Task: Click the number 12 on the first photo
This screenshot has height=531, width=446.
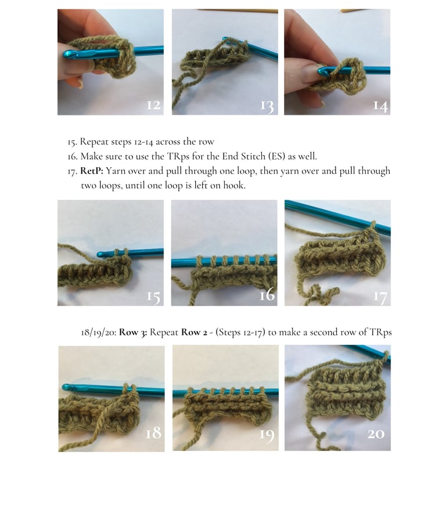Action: click(153, 104)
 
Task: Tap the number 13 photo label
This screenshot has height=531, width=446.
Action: click(267, 106)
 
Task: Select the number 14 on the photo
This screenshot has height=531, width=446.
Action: click(380, 106)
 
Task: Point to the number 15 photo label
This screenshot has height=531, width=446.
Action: click(153, 297)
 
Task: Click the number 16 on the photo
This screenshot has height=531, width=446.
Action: click(267, 295)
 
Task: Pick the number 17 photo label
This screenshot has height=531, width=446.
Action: click(380, 297)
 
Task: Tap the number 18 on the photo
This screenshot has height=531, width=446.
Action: click(153, 433)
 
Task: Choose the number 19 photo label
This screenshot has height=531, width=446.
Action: click(267, 435)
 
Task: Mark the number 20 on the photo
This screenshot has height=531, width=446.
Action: click(376, 434)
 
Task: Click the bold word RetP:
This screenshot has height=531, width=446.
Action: click(92, 171)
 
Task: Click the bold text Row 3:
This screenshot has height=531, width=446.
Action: click(133, 332)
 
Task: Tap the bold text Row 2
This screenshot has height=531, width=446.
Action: click(194, 332)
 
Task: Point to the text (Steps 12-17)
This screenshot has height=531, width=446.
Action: click(240, 332)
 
